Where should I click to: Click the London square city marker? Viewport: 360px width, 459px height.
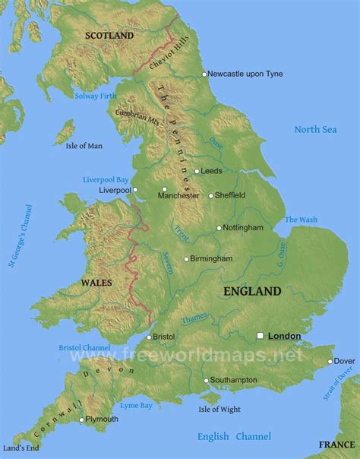261,335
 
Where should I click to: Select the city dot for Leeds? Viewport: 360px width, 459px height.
196,171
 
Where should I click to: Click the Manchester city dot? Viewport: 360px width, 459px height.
164,189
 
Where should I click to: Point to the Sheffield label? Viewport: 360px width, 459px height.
231,195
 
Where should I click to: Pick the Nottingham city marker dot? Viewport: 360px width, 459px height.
219,227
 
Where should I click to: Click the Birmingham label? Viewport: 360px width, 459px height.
212,259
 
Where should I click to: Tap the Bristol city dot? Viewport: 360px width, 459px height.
148,337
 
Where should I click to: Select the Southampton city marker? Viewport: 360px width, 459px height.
205,380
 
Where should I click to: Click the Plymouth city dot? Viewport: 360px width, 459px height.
81,419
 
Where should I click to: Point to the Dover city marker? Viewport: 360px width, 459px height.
330,361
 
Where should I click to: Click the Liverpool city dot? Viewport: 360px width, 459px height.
135,190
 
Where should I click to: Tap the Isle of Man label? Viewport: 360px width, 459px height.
84,146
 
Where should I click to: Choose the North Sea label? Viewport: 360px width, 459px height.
315,130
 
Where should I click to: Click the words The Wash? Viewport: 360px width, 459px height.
301,220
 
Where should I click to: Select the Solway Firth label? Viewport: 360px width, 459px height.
96,96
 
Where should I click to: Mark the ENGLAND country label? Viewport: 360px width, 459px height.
252,291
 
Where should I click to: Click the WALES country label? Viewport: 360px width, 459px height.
97,283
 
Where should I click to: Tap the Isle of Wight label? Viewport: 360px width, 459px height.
219,410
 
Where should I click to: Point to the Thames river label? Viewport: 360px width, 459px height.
194,318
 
